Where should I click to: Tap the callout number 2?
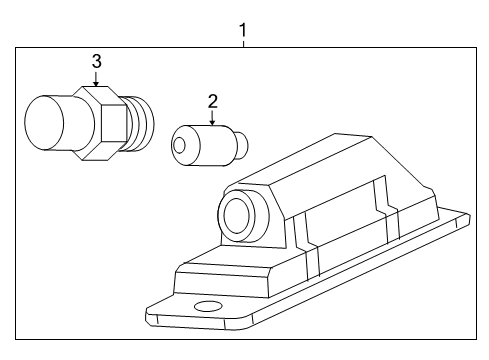212,100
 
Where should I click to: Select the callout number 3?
96,62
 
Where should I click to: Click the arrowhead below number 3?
96,83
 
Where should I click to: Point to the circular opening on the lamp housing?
237,213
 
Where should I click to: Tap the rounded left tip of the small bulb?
177,146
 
